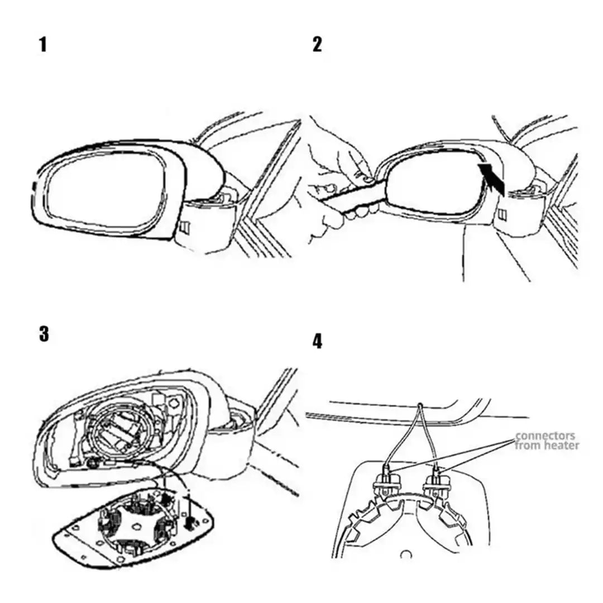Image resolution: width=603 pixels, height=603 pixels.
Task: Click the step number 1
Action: tap(43, 44)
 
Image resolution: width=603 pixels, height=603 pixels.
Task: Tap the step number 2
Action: tap(317, 44)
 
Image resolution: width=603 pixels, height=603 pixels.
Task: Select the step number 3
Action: tap(44, 333)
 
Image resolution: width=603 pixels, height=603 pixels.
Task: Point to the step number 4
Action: tap(317, 341)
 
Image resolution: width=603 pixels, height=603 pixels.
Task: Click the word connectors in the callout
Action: tap(545, 436)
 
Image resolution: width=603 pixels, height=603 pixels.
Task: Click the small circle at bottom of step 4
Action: tap(406, 555)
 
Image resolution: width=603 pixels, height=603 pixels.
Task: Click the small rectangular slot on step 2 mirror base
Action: tap(502, 214)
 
